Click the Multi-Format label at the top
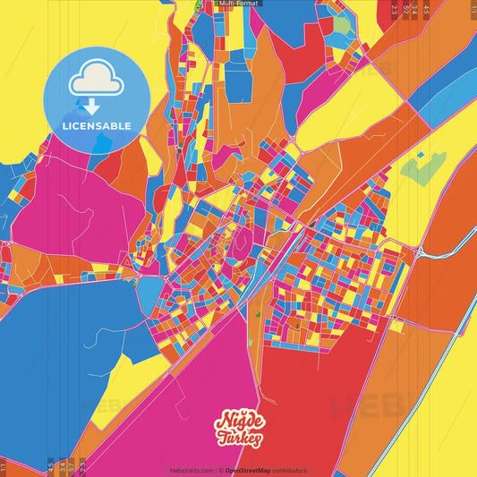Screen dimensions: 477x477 (x=238, y=4)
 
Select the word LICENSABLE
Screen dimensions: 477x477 (x=96, y=126)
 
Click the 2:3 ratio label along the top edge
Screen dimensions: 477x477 (x=395, y=9)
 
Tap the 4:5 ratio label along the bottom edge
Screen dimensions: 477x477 (x=50, y=466)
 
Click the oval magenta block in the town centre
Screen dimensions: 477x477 (x=240, y=240)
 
